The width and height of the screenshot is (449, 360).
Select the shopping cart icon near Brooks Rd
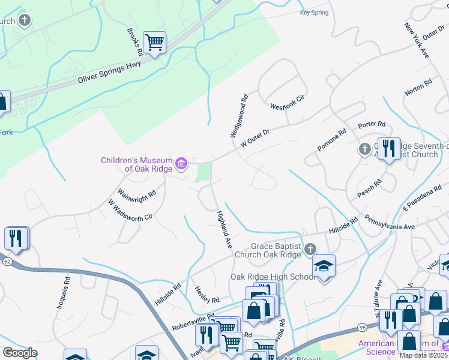[155, 43]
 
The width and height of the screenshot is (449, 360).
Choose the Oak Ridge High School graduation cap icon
[324, 266]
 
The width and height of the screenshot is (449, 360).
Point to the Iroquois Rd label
[64, 293]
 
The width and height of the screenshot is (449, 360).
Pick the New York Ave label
[417, 41]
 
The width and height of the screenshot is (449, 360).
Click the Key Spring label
[315, 12]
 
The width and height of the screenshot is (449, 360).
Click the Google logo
[20, 353]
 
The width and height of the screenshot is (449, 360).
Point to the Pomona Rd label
[332, 140]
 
